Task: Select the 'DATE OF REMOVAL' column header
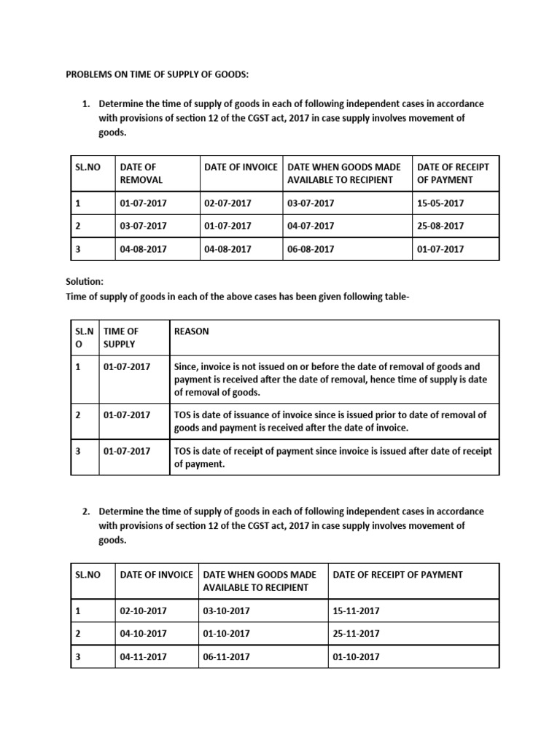[141, 173]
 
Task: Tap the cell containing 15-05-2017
[440, 203]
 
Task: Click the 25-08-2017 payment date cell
[440, 226]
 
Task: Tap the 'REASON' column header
[191, 331]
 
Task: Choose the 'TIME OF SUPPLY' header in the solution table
[121, 337]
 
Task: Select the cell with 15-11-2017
[356, 611]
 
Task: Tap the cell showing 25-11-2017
[356, 634]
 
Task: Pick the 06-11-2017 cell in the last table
[226, 656]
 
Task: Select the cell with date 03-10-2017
[226, 611]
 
